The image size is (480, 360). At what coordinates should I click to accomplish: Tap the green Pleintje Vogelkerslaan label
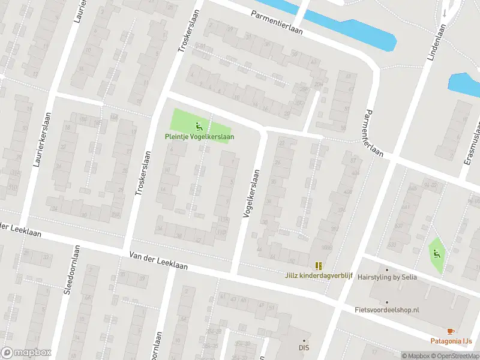[x=200, y=137]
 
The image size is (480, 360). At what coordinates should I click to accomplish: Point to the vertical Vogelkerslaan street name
[x=251, y=193]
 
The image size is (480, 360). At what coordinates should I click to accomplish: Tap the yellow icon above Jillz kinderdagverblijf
[x=319, y=265]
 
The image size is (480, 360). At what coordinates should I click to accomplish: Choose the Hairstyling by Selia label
[x=388, y=278]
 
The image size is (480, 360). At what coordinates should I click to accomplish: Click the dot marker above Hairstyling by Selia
[x=387, y=269]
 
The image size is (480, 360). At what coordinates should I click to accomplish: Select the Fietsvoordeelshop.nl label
[x=388, y=310]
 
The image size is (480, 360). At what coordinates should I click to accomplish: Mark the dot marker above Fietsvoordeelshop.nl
[x=387, y=302]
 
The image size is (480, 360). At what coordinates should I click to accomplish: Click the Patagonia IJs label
[x=451, y=341]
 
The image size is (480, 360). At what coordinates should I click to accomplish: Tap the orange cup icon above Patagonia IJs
[x=451, y=331]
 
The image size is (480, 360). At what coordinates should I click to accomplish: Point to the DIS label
[x=304, y=347]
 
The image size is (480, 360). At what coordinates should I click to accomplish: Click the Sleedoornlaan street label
[x=72, y=270]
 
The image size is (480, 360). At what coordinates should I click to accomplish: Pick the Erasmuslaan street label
[x=474, y=144]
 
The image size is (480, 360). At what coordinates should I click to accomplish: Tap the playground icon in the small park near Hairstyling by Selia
[x=436, y=253]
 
